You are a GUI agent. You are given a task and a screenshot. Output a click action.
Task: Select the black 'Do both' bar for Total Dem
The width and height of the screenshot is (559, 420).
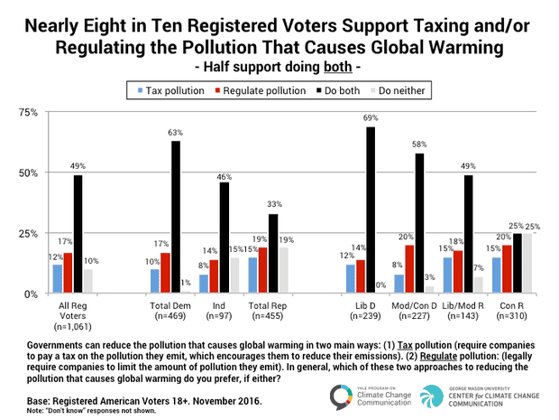pos(175,218)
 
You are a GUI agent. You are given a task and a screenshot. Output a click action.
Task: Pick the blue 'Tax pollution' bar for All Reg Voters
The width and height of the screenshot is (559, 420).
pos(58,279)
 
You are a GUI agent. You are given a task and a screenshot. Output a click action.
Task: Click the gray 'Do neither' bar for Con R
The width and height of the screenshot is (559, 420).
pos(527,264)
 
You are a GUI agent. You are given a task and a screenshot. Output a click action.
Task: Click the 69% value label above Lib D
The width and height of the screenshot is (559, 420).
pos(371,119)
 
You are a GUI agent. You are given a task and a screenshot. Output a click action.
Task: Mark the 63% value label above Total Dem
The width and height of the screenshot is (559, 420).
pos(175,134)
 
